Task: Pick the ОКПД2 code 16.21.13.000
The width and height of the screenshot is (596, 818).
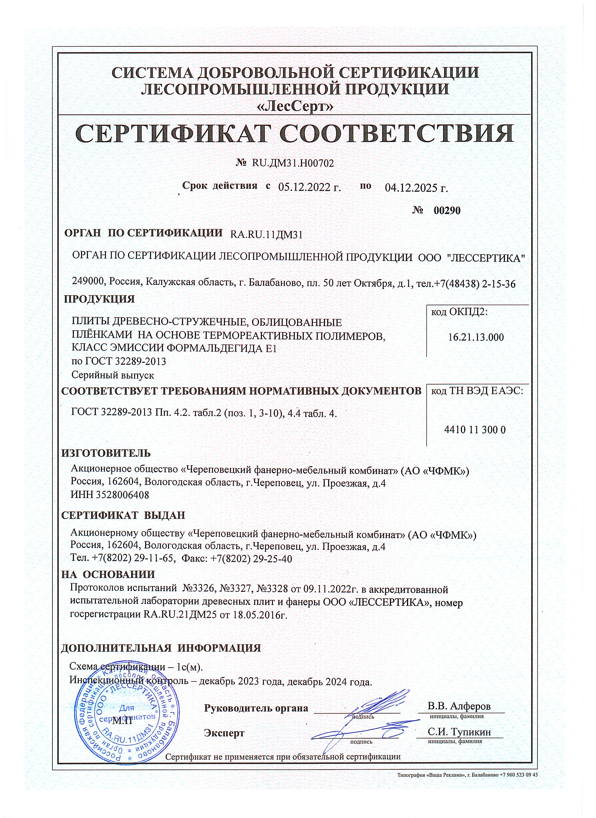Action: coord(476,338)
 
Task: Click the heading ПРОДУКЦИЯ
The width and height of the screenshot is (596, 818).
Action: coord(99,299)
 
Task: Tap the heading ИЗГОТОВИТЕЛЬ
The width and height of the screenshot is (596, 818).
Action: coord(106,453)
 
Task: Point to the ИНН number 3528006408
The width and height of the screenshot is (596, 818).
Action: coord(123,495)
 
